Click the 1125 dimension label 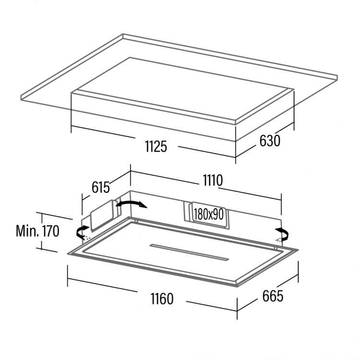(156, 146)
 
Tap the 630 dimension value (270, 141)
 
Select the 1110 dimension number (213, 180)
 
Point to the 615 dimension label (101, 187)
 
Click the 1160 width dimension (162, 299)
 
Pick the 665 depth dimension (273, 296)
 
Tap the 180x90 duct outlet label (209, 215)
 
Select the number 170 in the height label (50, 231)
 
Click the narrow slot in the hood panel (190, 252)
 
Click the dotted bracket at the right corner (278, 240)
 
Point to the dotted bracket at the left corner (87, 238)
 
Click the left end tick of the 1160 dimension (68, 276)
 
